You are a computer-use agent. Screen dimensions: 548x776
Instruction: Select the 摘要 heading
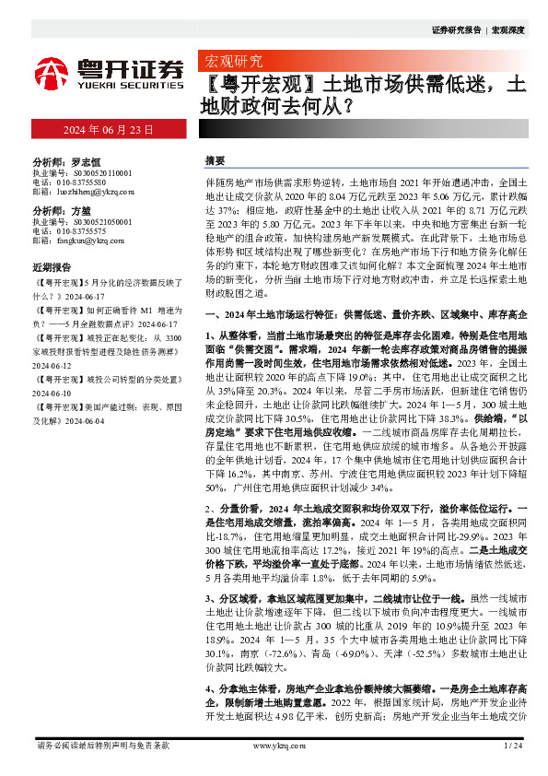pyautogui.click(x=214, y=159)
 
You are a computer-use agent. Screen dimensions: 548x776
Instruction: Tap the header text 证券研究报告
pyautogui.click(x=456, y=30)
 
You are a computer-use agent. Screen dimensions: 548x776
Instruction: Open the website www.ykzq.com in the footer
pyautogui.click(x=274, y=745)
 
